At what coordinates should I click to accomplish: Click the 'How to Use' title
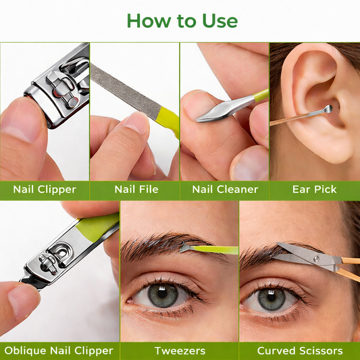[x=182, y=20]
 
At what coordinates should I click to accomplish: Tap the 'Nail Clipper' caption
[x=45, y=189]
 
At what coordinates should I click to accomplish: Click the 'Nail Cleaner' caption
[x=225, y=189]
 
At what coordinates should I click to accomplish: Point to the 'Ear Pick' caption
[x=315, y=189]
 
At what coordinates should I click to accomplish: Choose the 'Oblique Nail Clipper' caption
[x=59, y=351]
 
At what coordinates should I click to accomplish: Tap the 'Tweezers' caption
[x=179, y=351]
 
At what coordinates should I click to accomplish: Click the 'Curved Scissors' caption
[x=300, y=351]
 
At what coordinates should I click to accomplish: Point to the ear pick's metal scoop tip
[x=328, y=109]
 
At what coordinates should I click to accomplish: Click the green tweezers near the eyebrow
[x=216, y=250]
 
